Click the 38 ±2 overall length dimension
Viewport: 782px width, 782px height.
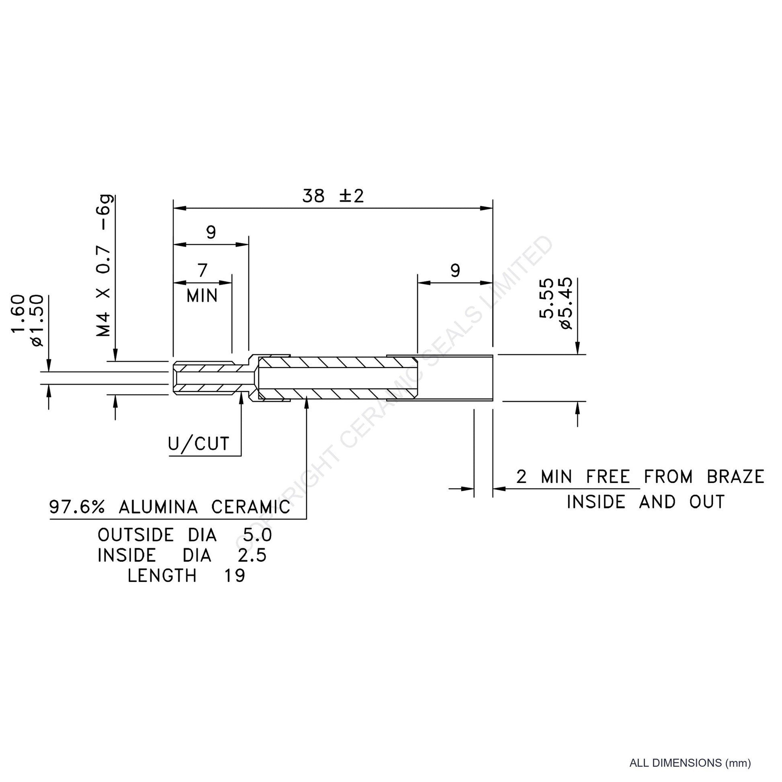(333, 197)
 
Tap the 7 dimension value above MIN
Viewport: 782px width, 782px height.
(203, 270)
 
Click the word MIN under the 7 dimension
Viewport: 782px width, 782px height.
(202, 296)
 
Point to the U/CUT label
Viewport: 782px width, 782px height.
(199, 444)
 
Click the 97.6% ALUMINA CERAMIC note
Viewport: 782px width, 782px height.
(170, 507)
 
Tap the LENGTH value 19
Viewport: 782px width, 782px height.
(235, 575)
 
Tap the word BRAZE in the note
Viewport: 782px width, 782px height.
(735, 477)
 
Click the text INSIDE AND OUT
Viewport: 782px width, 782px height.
(646, 502)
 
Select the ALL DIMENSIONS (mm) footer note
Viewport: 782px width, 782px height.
(690, 763)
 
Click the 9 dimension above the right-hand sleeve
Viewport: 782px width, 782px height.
(455, 270)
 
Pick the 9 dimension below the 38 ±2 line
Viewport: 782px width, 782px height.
(211, 232)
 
